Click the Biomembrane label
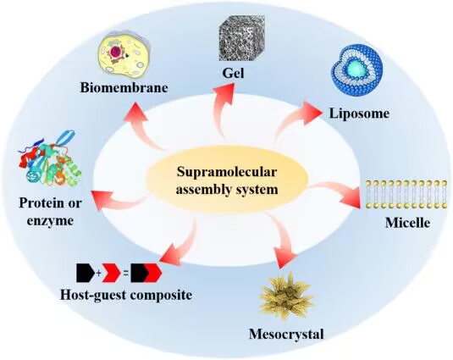pos(124,88)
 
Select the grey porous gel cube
pos(242,38)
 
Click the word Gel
pos(233,73)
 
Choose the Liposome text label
pos(359,114)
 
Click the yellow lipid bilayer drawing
pos(406,194)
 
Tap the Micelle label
pos(407,223)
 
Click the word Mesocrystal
pos(286,335)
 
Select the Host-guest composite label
pos(126,295)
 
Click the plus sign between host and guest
pos(98,273)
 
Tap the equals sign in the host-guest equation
pos(125,273)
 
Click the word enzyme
pos(50,221)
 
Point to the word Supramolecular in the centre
pos(227,172)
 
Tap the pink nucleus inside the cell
pos(116,52)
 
